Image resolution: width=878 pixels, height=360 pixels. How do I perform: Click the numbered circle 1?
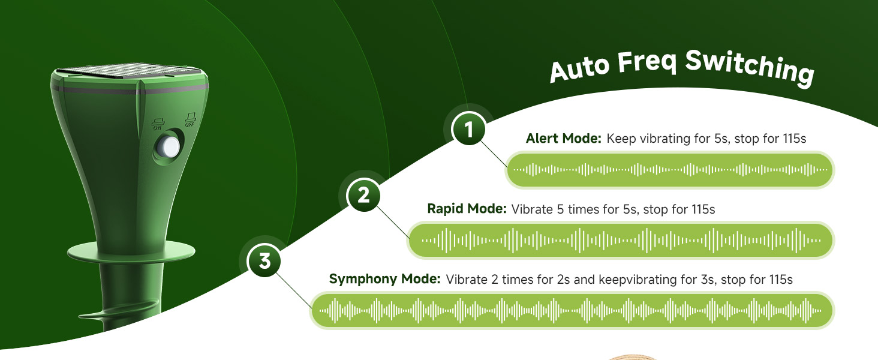point(468,128)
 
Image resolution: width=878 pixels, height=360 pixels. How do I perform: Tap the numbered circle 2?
point(363,195)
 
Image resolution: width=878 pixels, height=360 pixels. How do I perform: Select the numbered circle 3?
point(264,260)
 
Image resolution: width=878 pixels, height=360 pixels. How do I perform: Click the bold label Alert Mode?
point(563,139)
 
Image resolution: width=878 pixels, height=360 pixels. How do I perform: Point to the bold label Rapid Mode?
point(467,209)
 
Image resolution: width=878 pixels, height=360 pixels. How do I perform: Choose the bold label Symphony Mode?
point(385,279)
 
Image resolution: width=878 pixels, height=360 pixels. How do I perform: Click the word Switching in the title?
point(750,67)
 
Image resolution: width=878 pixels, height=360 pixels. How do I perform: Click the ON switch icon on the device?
point(158,124)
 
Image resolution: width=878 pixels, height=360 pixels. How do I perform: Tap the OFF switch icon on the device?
point(191,119)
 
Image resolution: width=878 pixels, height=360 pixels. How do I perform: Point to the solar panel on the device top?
point(130,73)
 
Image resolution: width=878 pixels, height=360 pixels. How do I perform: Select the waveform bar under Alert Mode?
point(669,170)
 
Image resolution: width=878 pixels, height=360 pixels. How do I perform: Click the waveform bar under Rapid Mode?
point(621,240)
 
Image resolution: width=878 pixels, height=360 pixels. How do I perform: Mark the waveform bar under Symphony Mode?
point(572,311)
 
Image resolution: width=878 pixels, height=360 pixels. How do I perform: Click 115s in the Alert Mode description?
point(795,139)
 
